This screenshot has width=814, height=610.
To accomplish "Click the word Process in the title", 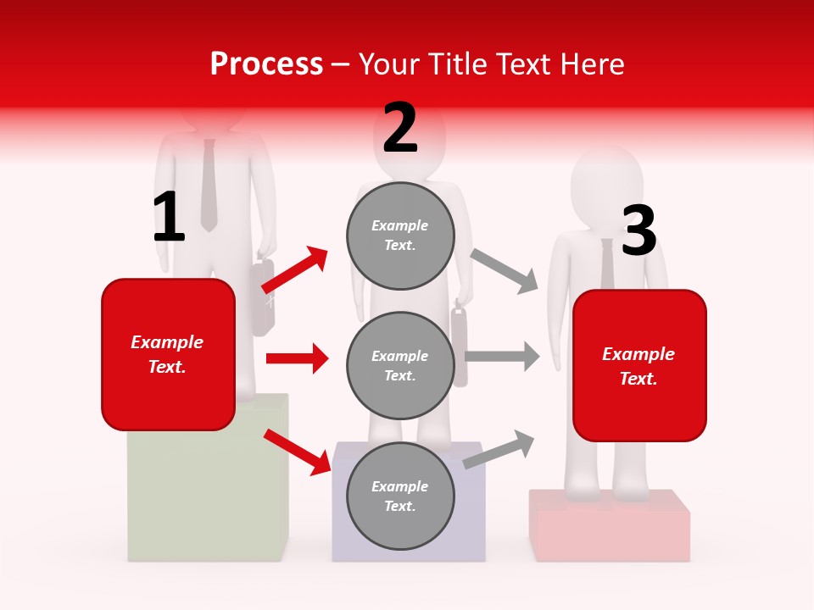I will pos(266,64).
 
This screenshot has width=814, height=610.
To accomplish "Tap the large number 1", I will pos(169,218).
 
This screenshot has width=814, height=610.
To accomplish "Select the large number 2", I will pos(400,128).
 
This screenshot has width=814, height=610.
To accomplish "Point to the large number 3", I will pos(638,231).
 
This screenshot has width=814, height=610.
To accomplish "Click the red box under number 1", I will pos(168,354).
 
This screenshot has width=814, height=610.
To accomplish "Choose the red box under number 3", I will pos(639,366).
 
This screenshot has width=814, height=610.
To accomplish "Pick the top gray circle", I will pos(400,236).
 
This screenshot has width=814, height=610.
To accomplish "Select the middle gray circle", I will pos(400,365).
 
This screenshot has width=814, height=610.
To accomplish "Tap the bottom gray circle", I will pos(400,496).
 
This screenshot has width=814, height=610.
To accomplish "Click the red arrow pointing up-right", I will pos(295,271).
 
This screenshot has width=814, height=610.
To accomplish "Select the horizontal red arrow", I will pos(297,358).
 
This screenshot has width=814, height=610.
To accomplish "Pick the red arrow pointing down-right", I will pos(298,451).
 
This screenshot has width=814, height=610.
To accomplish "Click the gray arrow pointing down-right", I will pos(505,270).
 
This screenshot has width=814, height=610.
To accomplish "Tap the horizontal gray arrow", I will pos(502,357).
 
